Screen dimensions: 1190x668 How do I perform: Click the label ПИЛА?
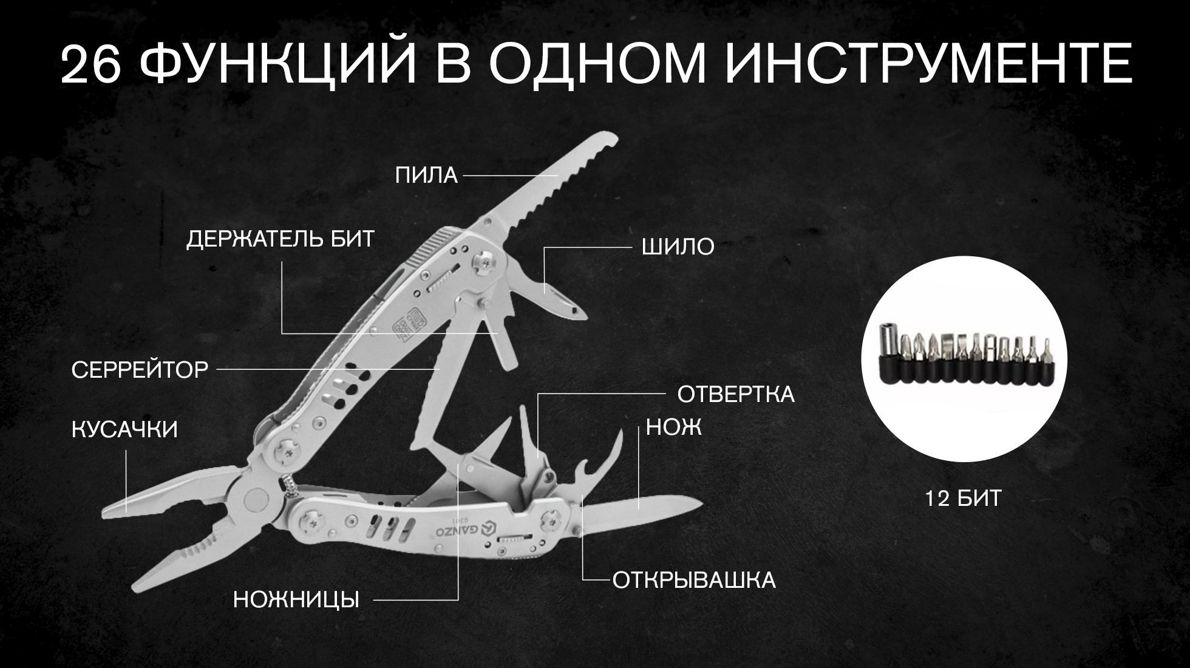(x=426, y=176)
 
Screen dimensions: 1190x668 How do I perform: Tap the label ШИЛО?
(x=678, y=247)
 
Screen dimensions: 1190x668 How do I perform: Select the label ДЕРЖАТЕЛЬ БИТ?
(x=280, y=239)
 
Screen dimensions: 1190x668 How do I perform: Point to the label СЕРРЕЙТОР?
(x=140, y=369)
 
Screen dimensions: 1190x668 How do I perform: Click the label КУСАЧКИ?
(x=124, y=430)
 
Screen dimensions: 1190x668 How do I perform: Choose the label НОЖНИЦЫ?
(x=296, y=600)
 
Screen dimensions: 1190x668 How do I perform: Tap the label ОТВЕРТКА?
(x=735, y=394)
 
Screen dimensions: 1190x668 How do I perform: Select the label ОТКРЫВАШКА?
(x=693, y=580)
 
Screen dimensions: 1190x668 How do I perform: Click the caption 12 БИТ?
(x=963, y=499)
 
